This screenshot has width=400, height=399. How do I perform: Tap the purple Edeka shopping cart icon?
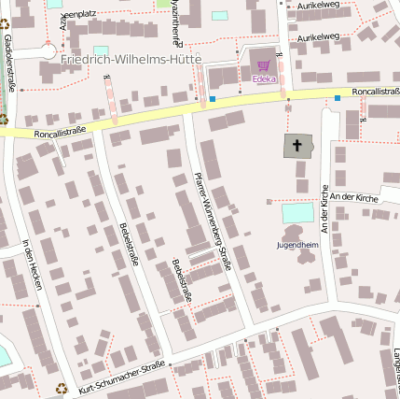[x=264, y=65]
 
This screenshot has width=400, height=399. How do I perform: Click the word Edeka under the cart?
[x=264, y=78]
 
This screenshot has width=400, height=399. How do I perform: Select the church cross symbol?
[x=297, y=146]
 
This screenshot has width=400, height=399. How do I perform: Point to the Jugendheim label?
[x=297, y=245]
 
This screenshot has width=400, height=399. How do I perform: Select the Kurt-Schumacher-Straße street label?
[x=122, y=377]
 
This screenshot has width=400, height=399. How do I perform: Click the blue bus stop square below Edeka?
[x=213, y=99]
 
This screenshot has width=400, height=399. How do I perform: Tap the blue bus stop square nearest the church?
[x=338, y=97]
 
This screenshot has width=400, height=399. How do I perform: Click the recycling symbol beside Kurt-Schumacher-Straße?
[x=62, y=388]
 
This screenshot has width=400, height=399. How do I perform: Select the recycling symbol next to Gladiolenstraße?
[x=3, y=119]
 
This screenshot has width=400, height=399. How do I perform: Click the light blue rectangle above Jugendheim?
[x=297, y=213]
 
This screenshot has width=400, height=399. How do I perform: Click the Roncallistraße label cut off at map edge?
[x=377, y=92]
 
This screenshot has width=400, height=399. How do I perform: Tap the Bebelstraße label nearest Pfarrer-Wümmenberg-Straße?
[x=181, y=279]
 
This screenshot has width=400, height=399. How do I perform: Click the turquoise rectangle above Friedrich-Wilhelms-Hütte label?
[x=101, y=50]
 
